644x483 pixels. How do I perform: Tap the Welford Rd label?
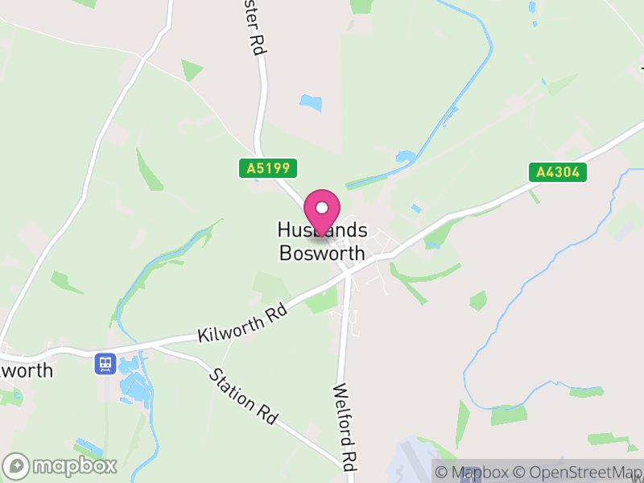point(344,426)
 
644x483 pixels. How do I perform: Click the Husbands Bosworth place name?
point(321,242)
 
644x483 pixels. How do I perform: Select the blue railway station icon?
point(104,364)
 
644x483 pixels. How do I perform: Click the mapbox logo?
point(61,465)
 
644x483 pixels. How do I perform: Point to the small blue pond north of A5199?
point(311,103)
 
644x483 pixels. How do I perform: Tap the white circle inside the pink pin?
point(322,207)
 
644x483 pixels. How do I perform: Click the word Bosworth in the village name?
point(321,253)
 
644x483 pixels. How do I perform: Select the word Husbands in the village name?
point(321,230)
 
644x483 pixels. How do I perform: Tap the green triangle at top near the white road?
point(192,71)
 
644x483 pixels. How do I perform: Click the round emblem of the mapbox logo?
point(17,465)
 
